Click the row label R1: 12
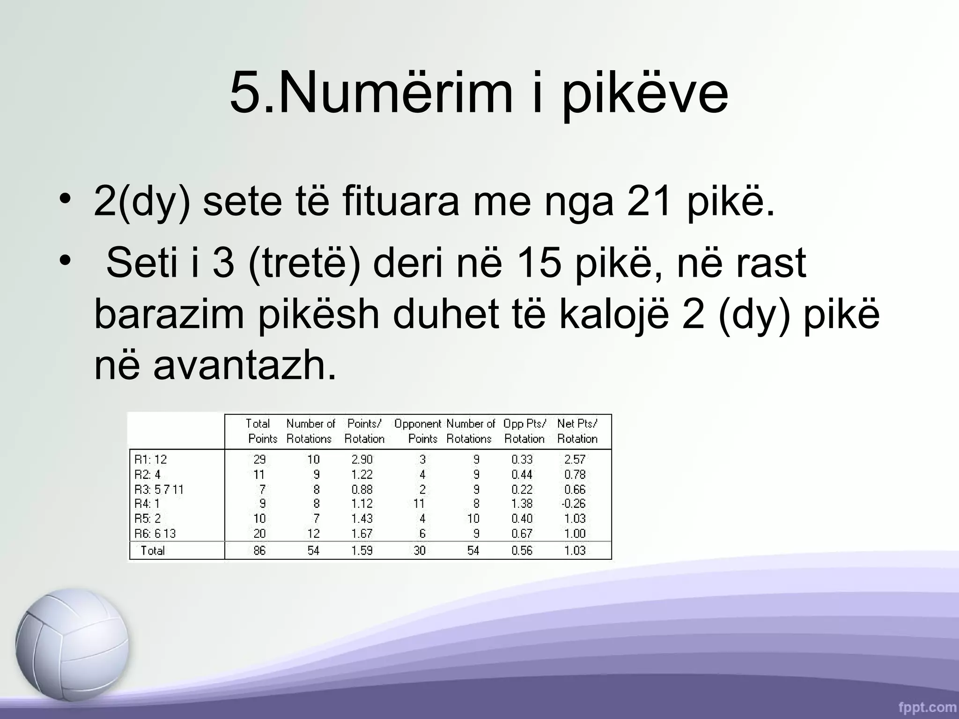pos(150,459)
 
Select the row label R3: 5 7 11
pos(159,489)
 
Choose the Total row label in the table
pos(153,550)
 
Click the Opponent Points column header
pos(418,431)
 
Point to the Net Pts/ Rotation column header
pos(577,431)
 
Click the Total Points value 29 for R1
pos(259,459)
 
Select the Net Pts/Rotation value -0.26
pos(574,504)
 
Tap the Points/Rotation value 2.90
pos(362,459)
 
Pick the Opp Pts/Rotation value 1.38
pos(522,504)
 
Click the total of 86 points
pos(259,550)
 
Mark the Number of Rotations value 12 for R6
pos(313,534)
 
